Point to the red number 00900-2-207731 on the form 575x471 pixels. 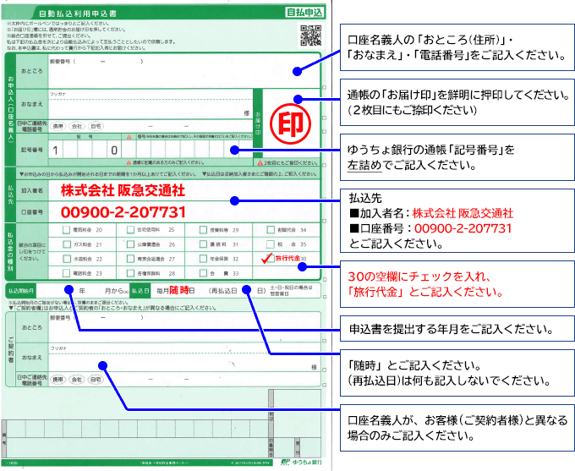(123, 211)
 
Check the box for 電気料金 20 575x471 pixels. (66, 229)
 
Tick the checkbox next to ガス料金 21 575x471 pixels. (66, 244)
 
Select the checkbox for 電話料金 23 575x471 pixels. (66, 273)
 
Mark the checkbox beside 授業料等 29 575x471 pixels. (201, 229)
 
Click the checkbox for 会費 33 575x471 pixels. (201, 273)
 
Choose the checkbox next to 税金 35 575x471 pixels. (269, 244)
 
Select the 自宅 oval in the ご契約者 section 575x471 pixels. (96, 380)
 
